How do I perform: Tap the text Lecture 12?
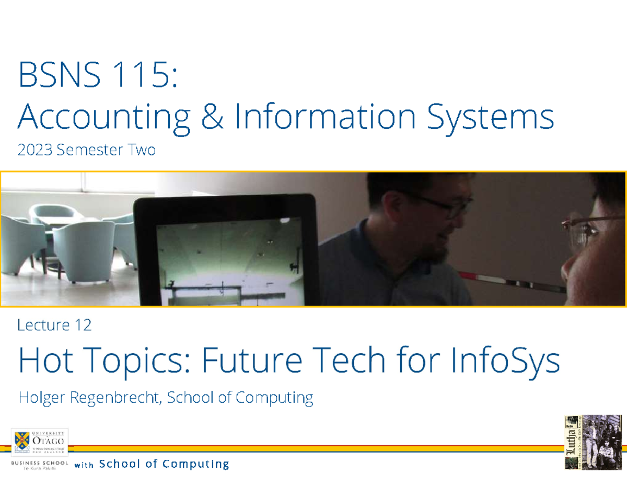(x=54, y=325)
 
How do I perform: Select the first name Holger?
(x=41, y=398)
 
